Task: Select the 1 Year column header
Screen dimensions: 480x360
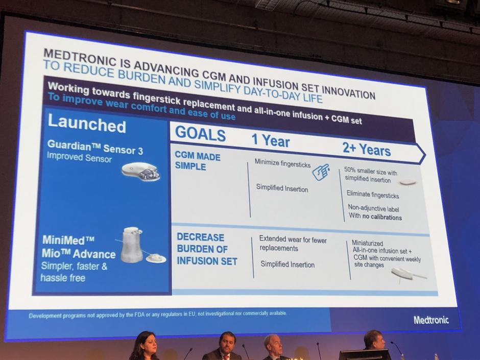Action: click(x=270, y=140)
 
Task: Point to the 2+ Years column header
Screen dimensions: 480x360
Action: click(x=367, y=149)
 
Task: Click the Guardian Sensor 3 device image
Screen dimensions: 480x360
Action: click(x=141, y=172)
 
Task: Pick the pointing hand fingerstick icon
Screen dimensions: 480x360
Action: click(x=321, y=172)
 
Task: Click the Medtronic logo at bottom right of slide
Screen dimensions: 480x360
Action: click(x=431, y=320)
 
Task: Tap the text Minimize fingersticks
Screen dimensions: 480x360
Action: click(x=282, y=163)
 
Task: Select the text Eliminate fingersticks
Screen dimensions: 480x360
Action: click(x=373, y=195)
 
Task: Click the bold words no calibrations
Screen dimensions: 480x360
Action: click(x=382, y=217)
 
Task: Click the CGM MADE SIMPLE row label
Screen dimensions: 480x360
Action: click(x=198, y=161)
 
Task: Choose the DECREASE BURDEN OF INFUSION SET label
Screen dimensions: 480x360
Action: click(x=207, y=249)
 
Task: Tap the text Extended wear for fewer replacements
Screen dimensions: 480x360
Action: click(x=293, y=244)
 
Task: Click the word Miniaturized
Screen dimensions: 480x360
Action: click(x=367, y=243)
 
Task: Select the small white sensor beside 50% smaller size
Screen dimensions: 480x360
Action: click(x=407, y=182)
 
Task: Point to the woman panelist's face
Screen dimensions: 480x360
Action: click(x=147, y=344)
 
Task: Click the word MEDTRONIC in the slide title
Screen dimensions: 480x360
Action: click(x=80, y=57)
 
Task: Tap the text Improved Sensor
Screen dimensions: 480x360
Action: click(x=79, y=157)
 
